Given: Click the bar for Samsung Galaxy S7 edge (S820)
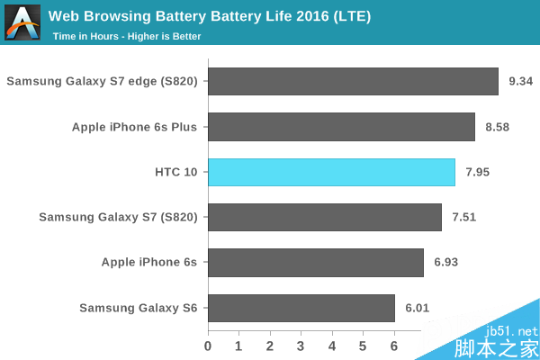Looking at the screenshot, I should click(x=353, y=82).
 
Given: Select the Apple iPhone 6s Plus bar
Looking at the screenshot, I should click(x=341, y=127).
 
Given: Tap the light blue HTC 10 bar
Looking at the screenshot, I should click(x=331, y=172).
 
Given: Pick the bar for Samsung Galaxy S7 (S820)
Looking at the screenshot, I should click(x=325, y=217).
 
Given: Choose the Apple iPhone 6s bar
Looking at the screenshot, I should click(x=316, y=263).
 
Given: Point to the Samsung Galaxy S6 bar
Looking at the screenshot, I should click(x=301, y=308).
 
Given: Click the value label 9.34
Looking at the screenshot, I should click(x=521, y=82).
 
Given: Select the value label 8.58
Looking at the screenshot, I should click(x=497, y=127).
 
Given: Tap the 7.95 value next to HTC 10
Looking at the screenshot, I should click(x=477, y=172).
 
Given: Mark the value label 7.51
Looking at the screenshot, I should click(x=464, y=217).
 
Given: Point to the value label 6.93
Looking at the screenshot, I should click(x=445, y=263).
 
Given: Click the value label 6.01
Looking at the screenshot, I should click(x=417, y=308).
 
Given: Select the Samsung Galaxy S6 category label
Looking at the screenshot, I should click(x=139, y=308).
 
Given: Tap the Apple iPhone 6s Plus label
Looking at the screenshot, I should click(x=134, y=127).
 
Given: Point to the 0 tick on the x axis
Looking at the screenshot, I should click(x=208, y=346).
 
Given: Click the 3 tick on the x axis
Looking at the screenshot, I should click(x=301, y=346).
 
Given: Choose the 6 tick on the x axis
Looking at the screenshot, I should click(x=394, y=346).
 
